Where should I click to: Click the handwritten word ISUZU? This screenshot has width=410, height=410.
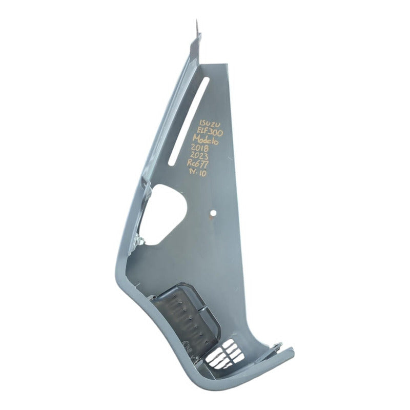tap(209, 124)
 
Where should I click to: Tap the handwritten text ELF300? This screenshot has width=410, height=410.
tap(209, 132)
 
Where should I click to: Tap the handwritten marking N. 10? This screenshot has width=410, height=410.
tap(197, 173)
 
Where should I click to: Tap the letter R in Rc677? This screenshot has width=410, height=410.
tap(192, 165)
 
